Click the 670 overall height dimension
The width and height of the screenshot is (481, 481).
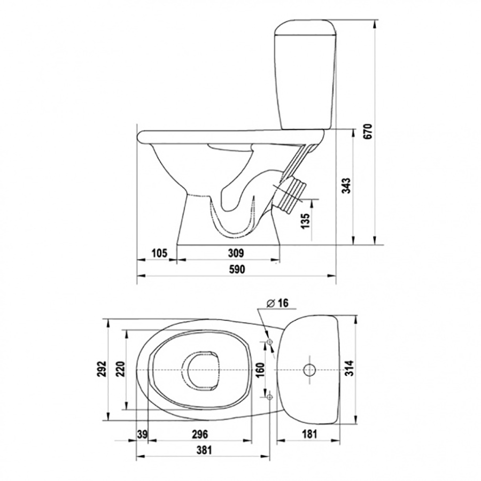[x=368, y=131]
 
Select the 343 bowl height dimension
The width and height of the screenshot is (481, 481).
[x=346, y=185]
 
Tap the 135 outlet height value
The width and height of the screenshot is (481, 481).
[x=306, y=221]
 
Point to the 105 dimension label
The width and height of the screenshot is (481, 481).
[x=159, y=253]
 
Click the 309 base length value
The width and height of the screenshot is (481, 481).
[x=236, y=253]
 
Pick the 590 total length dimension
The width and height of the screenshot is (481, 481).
[x=237, y=269]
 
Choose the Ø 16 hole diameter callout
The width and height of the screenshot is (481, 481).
[x=277, y=303]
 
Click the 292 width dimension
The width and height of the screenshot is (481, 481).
[x=102, y=369]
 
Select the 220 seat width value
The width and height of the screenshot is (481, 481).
[x=121, y=369]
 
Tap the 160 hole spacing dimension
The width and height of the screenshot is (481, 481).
[x=260, y=370]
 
